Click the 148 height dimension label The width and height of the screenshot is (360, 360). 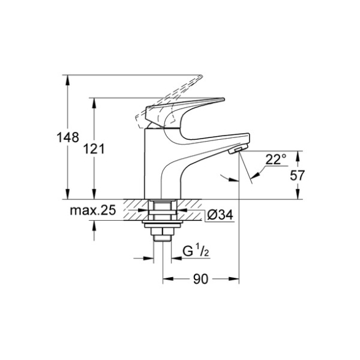[67, 137]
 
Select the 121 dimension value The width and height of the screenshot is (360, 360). [94, 149]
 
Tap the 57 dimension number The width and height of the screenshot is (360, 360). [297, 175]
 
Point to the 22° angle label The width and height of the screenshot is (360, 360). [276, 159]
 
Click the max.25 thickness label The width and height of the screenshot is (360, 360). [93, 210]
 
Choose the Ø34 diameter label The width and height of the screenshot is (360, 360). [220, 215]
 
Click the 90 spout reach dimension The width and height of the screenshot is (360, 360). [201, 279]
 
